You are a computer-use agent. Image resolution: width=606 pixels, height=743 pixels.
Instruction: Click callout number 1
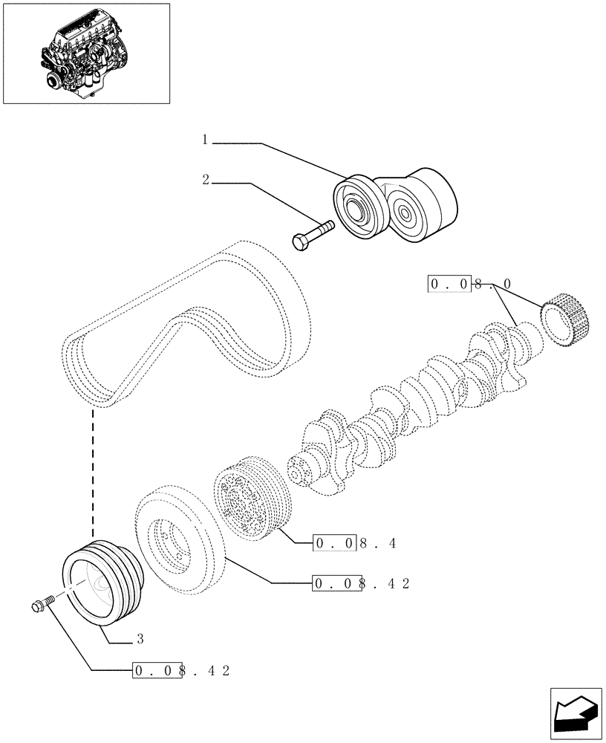[205, 139]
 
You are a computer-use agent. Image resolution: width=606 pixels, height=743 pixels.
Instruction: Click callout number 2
[205, 179]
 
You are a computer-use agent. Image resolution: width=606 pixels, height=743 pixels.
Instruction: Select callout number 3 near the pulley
[140, 638]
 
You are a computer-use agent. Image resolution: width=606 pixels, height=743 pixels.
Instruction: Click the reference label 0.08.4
[356, 543]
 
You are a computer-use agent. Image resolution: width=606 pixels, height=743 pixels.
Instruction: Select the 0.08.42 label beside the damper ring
[362, 583]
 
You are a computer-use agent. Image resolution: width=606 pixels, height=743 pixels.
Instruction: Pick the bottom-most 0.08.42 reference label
[181, 670]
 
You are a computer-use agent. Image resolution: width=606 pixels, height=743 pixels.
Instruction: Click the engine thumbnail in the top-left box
[86, 53]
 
